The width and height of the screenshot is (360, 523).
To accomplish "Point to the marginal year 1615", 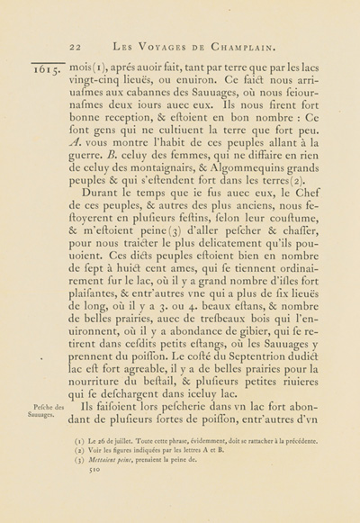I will tap(45, 70).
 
